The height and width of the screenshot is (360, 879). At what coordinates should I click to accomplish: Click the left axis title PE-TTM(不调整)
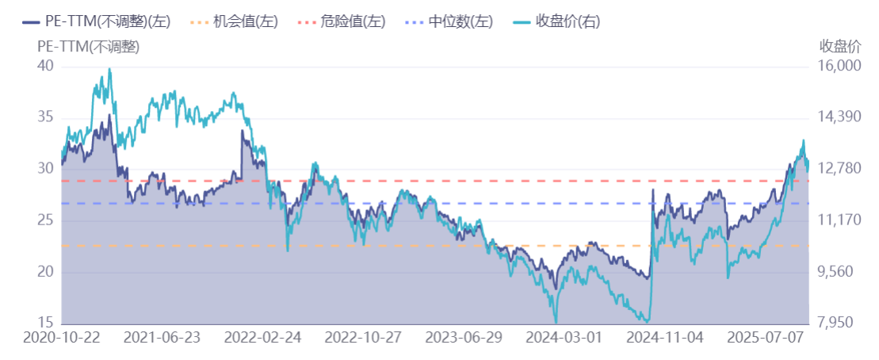coord(88,46)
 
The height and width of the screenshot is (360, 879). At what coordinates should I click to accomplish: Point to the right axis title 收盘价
coord(839,46)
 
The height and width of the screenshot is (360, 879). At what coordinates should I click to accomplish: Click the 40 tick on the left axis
coord(46,67)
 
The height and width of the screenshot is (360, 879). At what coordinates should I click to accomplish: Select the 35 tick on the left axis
coord(46,118)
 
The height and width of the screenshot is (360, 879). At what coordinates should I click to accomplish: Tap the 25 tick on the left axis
coord(46,220)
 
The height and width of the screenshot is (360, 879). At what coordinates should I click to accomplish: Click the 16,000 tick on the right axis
coord(839,67)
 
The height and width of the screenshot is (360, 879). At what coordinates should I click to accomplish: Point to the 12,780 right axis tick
coord(839,169)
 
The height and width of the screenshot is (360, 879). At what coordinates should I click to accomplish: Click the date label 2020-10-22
coord(62,337)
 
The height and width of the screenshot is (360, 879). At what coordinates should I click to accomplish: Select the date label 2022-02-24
coord(263,337)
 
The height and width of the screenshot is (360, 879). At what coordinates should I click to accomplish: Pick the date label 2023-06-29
coord(464,337)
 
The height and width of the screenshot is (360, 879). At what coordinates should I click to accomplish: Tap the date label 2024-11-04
coord(664,337)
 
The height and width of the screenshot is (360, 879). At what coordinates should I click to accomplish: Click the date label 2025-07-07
coord(765,337)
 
